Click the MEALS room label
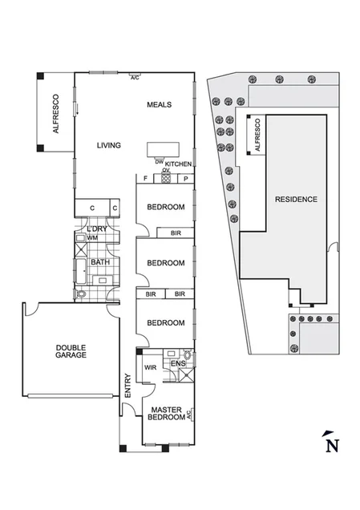click(x=159, y=105)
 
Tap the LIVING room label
click(x=109, y=145)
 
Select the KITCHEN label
click(x=179, y=163)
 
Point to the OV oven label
click(x=166, y=170)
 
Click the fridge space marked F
click(x=145, y=178)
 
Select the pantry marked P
click(x=184, y=178)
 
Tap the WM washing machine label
click(x=92, y=237)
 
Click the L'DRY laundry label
click(x=97, y=229)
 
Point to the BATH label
click(x=100, y=262)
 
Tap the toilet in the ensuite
click(x=186, y=355)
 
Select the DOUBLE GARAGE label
click(x=71, y=351)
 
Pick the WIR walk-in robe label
click(x=150, y=368)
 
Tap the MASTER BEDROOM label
click(x=165, y=415)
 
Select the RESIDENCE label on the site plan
click(x=296, y=199)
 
